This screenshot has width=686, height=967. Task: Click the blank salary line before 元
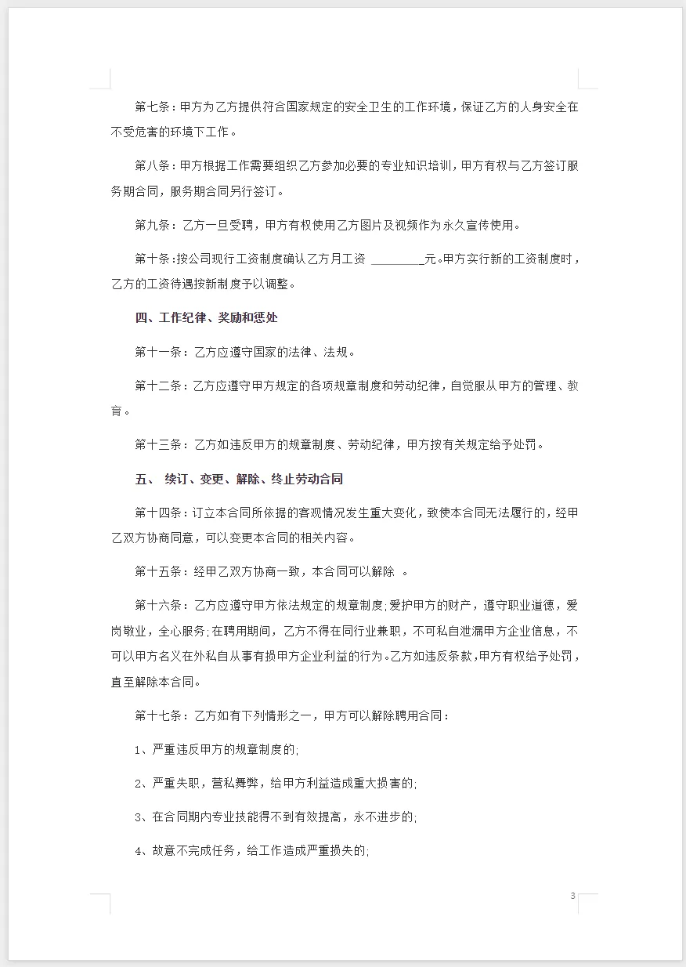(x=397, y=259)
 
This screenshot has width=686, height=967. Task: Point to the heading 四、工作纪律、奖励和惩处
(x=207, y=318)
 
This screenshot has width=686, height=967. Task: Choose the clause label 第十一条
(x=158, y=353)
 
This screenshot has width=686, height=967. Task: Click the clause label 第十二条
(x=158, y=386)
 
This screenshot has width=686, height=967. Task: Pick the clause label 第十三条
(x=158, y=445)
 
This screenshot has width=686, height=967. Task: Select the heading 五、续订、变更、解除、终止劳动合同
(x=239, y=480)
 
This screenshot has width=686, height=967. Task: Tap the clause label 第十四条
(x=158, y=513)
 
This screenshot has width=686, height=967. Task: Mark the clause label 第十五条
(x=158, y=572)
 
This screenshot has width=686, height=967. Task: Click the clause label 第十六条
(x=158, y=606)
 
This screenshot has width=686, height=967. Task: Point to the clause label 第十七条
(x=158, y=715)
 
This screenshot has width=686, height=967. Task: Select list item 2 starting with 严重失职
(x=276, y=784)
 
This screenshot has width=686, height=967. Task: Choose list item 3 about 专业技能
(x=276, y=817)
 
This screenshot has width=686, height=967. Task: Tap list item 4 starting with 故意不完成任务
(x=252, y=851)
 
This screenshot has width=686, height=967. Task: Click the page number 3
(x=573, y=896)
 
